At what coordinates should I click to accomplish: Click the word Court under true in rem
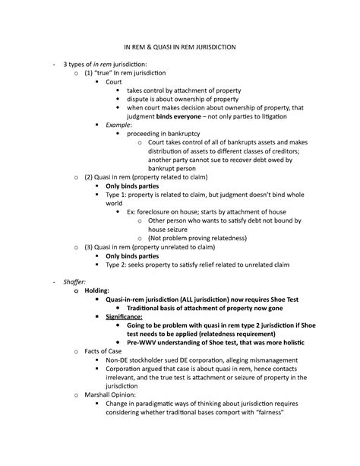coord(114,80)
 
